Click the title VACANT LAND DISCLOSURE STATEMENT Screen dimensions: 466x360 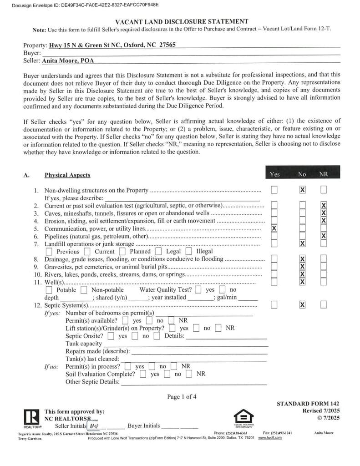pyautogui.click(x=182, y=21)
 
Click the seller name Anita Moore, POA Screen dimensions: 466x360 pyautogui.click(x=68, y=60)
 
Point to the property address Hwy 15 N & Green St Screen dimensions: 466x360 pyautogui.click(x=112, y=46)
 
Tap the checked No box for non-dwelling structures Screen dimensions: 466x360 pyautogui.click(x=302, y=190)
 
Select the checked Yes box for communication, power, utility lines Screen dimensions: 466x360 pyautogui.click(x=274, y=228)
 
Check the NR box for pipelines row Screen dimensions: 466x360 pyautogui.click(x=323, y=236)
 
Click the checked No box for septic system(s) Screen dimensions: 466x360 pyautogui.click(x=302, y=304)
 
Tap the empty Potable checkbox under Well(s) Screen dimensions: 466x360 pyautogui.click(x=49, y=290)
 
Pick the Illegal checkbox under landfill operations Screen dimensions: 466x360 pyautogui.click(x=189, y=251)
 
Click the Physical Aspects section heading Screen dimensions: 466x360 pyautogui.click(x=67, y=175)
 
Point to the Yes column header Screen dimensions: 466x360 pyautogui.click(x=274, y=174)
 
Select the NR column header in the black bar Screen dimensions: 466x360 pyautogui.click(x=323, y=174)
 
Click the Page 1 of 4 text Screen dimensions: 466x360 pyautogui.click(x=182, y=397)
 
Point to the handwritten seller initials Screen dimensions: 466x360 pyautogui.click(x=95, y=426)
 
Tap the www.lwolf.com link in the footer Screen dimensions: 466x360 pyautogui.click(x=270, y=438)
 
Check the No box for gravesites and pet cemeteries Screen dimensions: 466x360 pyautogui.click(x=302, y=267)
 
